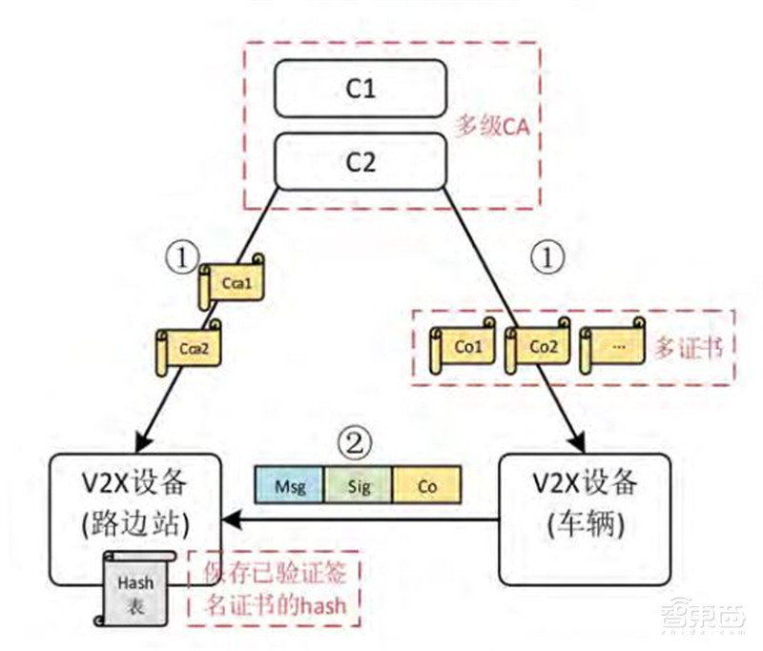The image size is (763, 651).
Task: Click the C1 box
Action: click(361, 91)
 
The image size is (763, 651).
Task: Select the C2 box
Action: click(361, 160)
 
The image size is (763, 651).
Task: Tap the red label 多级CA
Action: click(492, 126)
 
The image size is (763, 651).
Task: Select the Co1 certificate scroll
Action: click(464, 347)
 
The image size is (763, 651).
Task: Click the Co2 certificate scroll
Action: click(538, 347)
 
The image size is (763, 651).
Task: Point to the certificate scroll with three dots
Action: click(614, 347)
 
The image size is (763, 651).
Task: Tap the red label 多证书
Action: click(687, 345)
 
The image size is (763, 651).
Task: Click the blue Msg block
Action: click(290, 484)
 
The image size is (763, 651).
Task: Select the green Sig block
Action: click(358, 484)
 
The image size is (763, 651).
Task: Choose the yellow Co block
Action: click(426, 484)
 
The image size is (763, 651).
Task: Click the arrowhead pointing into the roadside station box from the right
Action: click(232, 520)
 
